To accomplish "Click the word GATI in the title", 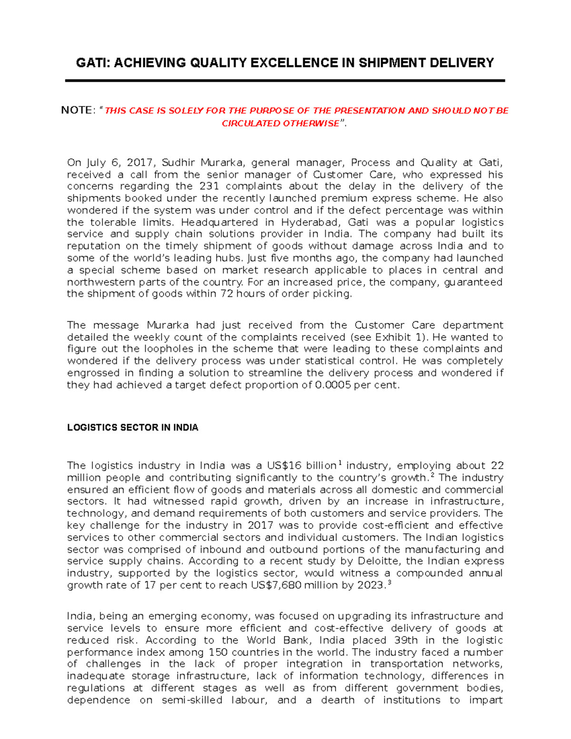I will coord(92,63).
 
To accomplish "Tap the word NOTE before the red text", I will coord(76,110).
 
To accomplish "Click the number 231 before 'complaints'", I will coord(209,187).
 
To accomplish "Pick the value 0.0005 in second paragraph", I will coord(333,385).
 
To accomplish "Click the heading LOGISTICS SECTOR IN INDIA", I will coord(132,427).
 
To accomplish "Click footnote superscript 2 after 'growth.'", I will coord(432,475).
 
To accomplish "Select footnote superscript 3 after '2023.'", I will coord(389,582).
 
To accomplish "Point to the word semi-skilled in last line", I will coord(192,700).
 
